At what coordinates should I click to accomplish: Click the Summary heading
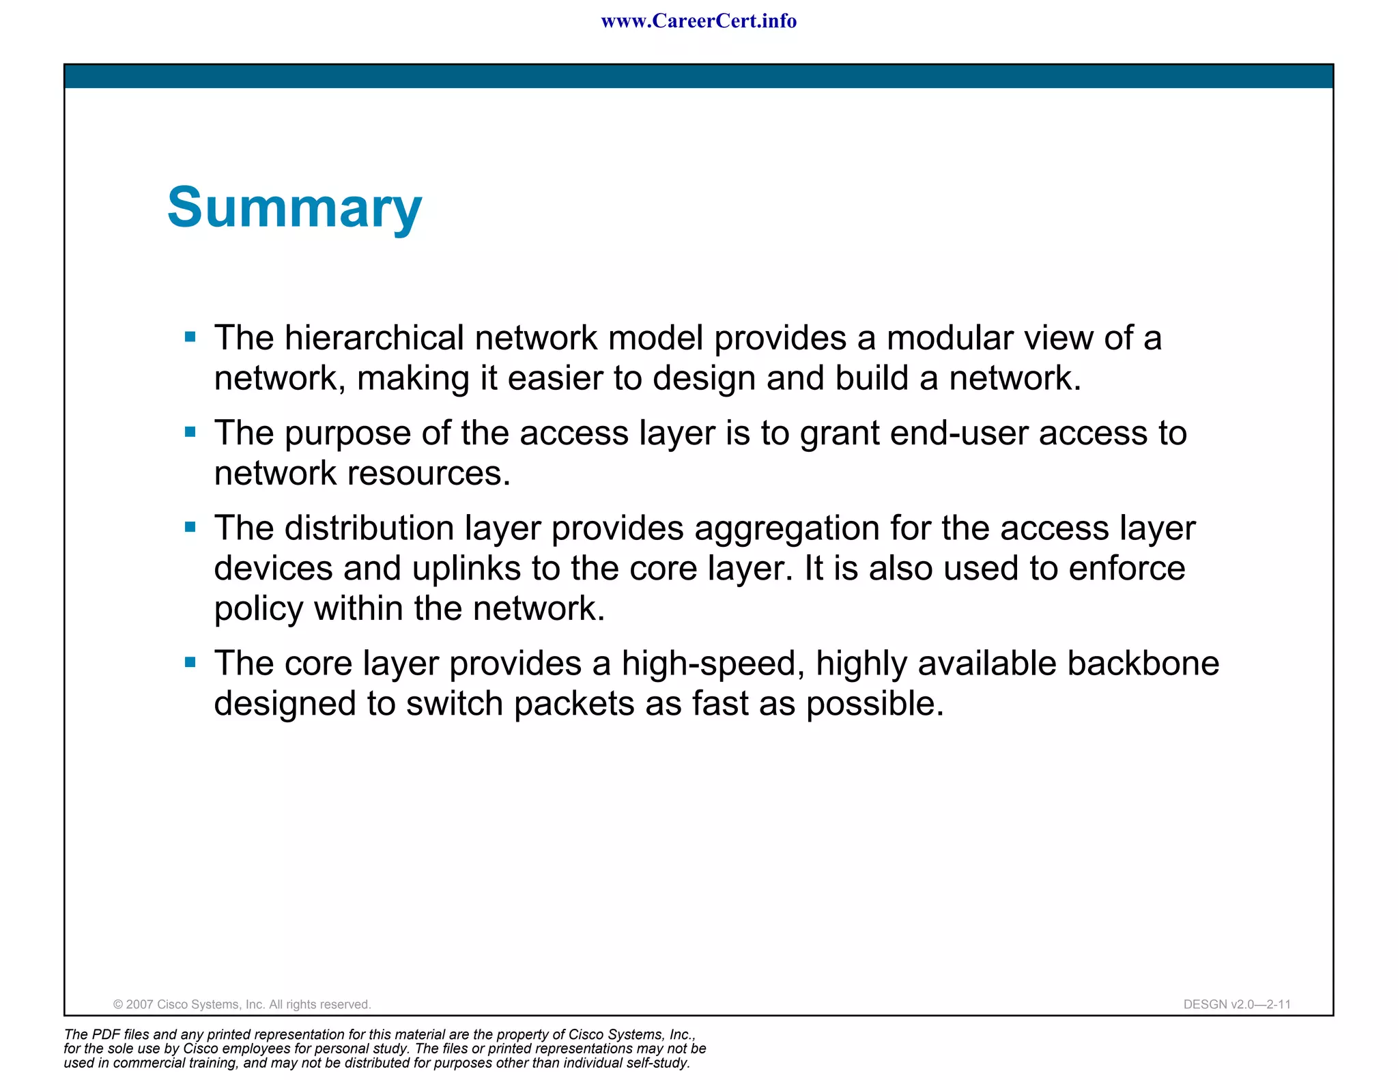click(x=294, y=208)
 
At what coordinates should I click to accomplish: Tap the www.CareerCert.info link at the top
click(x=698, y=21)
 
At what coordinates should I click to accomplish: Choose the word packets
click(x=573, y=704)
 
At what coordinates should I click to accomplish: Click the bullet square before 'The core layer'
click(x=190, y=662)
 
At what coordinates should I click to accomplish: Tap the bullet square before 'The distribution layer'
click(x=190, y=526)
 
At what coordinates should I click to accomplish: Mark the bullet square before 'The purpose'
click(x=190, y=431)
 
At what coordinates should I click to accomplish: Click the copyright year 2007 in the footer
click(x=139, y=1004)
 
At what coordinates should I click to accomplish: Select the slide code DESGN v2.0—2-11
click(x=1236, y=1004)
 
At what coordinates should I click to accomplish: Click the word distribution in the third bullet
click(x=369, y=528)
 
